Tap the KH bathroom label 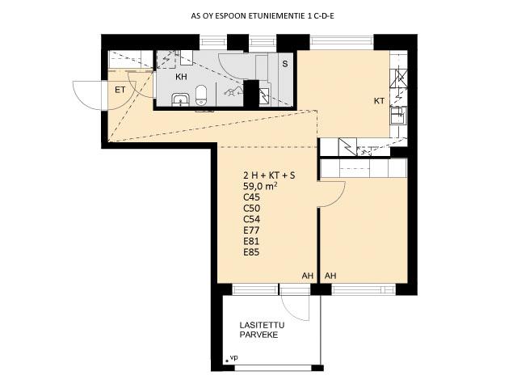click(x=181, y=77)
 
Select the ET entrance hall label click(x=120, y=90)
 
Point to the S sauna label click(x=285, y=64)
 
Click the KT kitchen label click(x=379, y=101)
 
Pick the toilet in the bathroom click(x=201, y=95)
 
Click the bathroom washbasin click(x=180, y=99)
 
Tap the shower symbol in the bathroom click(x=233, y=91)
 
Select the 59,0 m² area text click(x=260, y=186)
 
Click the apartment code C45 click(x=251, y=197)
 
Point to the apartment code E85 click(x=251, y=252)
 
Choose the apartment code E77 click(x=251, y=230)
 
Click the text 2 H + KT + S click(x=269, y=175)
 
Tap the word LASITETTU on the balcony click(x=262, y=325)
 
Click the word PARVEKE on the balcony click(x=258, y=335)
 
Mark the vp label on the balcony click(x=234, y=357)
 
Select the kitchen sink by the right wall click(x=397, y=116)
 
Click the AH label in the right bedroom click(x=330, y=276)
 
